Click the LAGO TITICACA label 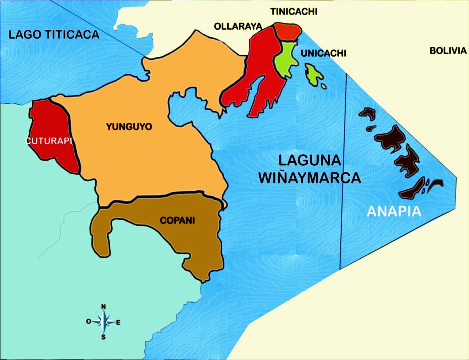54,34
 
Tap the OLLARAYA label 238,26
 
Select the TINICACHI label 294,11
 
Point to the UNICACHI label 323,53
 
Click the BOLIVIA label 448,51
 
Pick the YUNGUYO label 129,127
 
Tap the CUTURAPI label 49,141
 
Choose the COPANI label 177,221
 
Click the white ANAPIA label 394,211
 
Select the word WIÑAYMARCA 309,178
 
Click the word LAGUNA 309,160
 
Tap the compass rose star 104,321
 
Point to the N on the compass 104,306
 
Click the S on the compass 104,337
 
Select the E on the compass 118,322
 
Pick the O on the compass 89,321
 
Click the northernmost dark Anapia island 368,113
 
